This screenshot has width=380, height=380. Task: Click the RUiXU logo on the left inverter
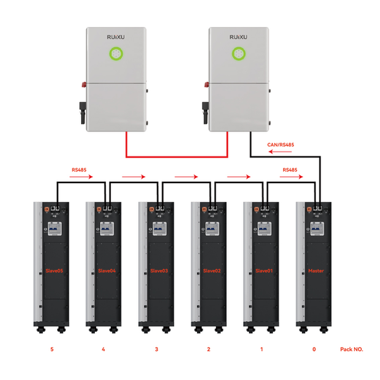[116, 37]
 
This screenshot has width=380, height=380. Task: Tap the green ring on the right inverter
[239, 48]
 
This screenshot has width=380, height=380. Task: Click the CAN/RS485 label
[281, 144]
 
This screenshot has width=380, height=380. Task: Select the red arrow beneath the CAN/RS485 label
[280, 152]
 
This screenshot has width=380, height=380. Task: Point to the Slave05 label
[54, 270]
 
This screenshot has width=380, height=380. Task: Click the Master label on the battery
[316, 270]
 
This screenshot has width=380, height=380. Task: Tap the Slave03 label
[159, 270]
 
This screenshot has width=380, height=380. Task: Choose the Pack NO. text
[351, 349]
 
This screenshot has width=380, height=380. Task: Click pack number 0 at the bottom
[314, 349]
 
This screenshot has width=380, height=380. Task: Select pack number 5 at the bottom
[52, 349]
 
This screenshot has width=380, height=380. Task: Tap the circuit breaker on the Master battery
[317, 229]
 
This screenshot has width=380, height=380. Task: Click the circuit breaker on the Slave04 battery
[107, 229]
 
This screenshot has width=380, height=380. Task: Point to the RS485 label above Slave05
[79, 170]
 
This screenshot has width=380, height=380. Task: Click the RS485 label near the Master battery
[290, 170]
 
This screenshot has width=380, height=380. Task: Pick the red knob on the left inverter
[84, 85]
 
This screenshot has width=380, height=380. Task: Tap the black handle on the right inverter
[205, 113]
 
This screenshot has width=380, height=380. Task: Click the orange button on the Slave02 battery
[204, 209]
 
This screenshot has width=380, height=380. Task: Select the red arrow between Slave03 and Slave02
[186, 177]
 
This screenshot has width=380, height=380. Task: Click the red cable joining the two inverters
[177, 157]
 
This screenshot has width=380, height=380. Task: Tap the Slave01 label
[264, 270]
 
